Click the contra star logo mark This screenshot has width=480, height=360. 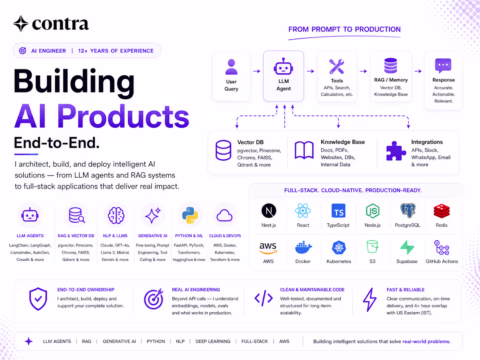point(21,24)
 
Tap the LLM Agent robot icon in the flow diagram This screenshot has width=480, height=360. point(284,67)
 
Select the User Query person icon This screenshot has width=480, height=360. point(231,67)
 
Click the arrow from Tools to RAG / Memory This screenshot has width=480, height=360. point(363,71)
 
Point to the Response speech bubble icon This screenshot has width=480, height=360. point(443,65)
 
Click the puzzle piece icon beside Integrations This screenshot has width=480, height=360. point(396,151)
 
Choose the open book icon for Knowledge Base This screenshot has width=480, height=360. point(304,150)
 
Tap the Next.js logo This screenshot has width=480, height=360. point(269,211)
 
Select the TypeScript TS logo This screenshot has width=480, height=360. point(338,211)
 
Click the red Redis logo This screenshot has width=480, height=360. point(442,211)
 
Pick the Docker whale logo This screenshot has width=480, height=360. point(303,247)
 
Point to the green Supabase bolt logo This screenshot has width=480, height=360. point(407,247)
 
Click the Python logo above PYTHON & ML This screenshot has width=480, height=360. point(190,215)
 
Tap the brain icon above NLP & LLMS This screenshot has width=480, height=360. point(116,215)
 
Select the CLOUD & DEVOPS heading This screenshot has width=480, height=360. point(225,236)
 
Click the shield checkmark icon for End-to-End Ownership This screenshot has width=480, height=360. point(38,299)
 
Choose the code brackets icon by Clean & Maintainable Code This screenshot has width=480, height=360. point(263,298)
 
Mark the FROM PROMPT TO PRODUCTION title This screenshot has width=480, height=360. point(344,29)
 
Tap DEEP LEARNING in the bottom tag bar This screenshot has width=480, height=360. point(213,341)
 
